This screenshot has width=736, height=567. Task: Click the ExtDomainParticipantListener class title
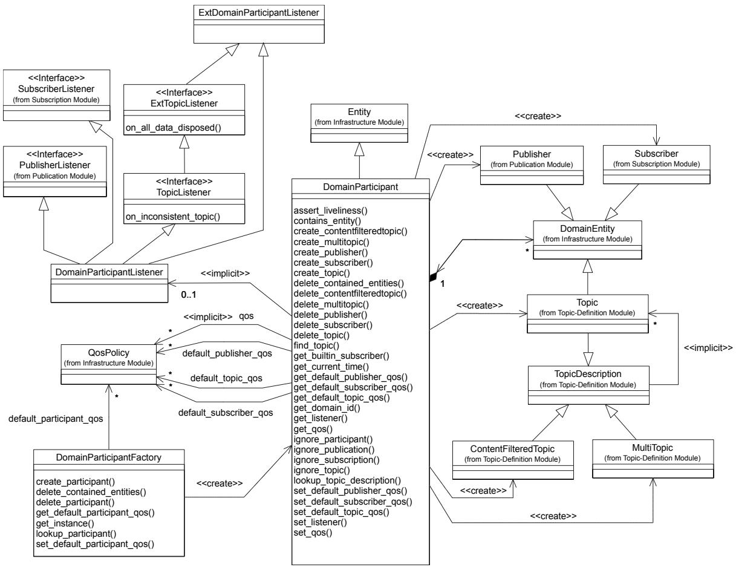[259, 13]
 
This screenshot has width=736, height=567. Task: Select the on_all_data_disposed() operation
[173, 128]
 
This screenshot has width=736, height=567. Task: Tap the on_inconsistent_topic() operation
[173, 217]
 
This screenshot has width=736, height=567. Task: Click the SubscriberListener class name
[56, 89]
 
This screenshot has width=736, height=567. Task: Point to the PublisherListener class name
[55, 165]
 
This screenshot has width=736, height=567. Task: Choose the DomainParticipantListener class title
[109, 272]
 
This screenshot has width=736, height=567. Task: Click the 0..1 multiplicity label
[188, 295]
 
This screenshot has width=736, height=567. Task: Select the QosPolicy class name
[109, 353]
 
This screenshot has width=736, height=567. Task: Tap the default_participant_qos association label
[56, 419]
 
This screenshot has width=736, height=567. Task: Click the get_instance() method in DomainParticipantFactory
[65, 523]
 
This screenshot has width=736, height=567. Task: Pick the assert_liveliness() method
[331, 211]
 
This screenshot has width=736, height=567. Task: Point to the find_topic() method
[316, 346]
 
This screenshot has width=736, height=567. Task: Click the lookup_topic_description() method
[347, 480]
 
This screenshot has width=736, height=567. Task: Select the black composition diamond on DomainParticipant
[433, 277]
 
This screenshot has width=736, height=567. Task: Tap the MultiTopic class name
[653, 448]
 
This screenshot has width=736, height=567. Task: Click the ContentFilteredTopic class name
[512, 449]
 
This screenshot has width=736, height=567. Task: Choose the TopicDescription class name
[588, 374]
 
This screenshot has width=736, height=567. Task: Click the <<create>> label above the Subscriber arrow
[538, 116]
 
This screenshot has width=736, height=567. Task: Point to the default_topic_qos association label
[226, 378]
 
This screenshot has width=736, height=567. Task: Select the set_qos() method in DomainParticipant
[313, 533]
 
